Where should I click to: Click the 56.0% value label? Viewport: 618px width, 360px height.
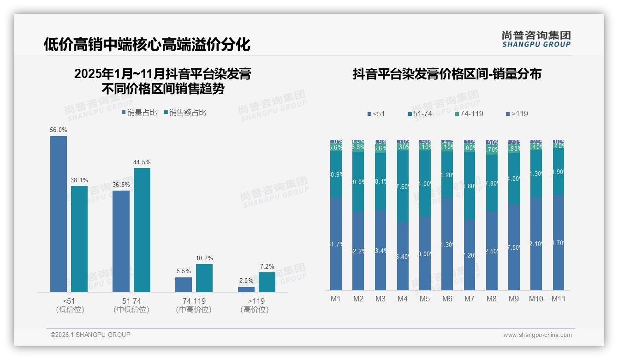tap(59, 130)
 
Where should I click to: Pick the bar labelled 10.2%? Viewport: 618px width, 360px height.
tap(204, 278)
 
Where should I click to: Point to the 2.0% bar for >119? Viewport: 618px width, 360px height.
tap(246, 289)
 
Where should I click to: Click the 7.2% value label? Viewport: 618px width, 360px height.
tap(267, 266)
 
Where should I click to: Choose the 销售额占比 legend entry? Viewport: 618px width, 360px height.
tap(185, 113)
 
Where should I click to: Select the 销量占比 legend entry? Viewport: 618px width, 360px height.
tap(139, 113)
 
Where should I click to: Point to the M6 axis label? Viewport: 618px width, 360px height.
tap(447, 299)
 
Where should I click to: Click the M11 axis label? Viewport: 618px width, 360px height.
tap(559, 299)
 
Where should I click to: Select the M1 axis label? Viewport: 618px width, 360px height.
tap(336, 299)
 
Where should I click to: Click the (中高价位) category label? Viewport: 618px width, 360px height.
tap(194, 310)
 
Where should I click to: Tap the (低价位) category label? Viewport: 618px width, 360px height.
tap(70, 310)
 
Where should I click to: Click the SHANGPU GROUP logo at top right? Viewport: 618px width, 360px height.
tap(536, 39)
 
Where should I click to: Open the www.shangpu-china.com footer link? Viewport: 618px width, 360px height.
tap(537, 335)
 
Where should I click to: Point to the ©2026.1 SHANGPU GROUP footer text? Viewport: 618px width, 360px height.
tap(90, 335)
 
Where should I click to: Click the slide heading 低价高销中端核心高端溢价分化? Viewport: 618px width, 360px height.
tap(147, 45)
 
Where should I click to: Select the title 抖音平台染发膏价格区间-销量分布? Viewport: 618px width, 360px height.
tap(447, 74)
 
